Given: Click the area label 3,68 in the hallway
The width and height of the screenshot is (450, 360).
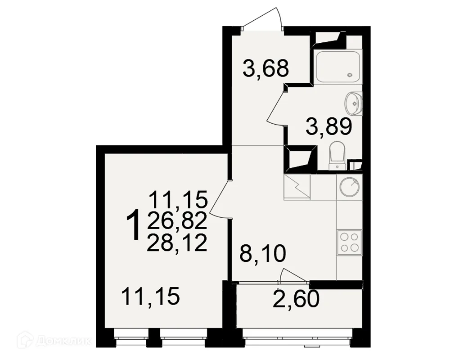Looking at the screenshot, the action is [x=265, y=68].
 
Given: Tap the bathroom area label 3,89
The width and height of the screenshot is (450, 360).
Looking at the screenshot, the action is [x=328, y=126].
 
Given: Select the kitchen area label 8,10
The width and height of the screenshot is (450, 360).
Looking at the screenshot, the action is [x=263, y=253].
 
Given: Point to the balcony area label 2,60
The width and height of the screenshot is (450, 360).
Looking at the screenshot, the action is [x=296, y=298].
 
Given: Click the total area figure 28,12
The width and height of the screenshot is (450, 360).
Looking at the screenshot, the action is [x=177, y=243].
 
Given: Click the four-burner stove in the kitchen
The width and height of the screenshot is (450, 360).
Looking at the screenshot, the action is [x=349, y=242].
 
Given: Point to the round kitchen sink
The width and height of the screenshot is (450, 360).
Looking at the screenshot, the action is [x=349, y=187].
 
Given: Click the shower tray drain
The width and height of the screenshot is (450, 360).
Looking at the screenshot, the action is [x=350, y=75].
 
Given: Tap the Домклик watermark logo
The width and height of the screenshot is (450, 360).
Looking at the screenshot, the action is [x=54, y=341].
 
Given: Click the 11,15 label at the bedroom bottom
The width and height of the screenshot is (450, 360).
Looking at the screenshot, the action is [x=150, y=297].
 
